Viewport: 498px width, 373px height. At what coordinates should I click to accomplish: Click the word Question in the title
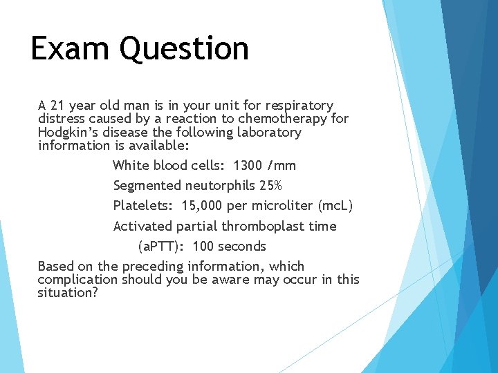pyautogui.click(x=184, y=49)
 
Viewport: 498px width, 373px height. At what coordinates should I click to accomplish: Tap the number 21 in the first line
pyautogui.click(x=58, y=106)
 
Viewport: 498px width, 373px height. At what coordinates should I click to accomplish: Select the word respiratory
pyautogui.click(x=298, y=106)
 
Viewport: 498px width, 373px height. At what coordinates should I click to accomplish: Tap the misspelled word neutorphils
pyautogui.click(x=219, y=186)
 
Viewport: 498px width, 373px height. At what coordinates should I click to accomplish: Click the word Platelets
pyautogui.click(x=145, y=206)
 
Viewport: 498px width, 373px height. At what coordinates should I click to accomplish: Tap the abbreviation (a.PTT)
pyautogui.click(x=163, y=247)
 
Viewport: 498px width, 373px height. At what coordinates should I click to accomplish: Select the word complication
pyautogui.click(x=77, y=280)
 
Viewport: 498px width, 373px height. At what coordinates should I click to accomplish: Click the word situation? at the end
pyautogui.click(x=68, y=293)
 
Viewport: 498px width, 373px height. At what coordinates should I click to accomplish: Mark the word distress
pyautogui.click(x=61, y=119)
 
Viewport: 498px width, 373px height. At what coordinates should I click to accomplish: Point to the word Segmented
pyautogui.click(x=147, y=186)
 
